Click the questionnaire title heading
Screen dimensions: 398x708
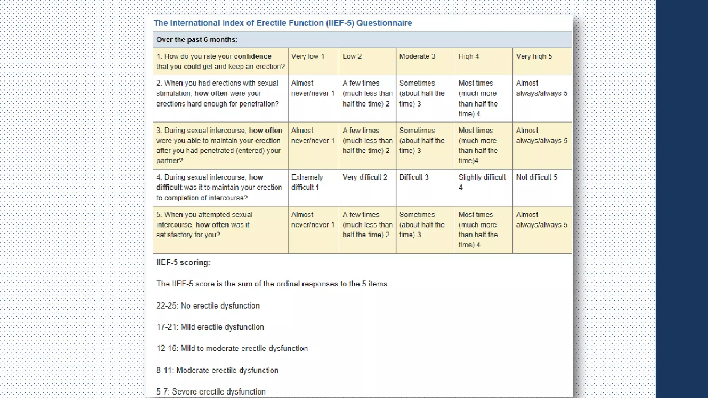pyautogui.click(x=283, y=23)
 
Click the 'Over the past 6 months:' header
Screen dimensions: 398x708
pyautogui.click(x=197, y=40)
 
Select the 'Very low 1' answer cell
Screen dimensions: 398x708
pyautogui.click(x=308, y=57)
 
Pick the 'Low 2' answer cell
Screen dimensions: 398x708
pyautogui.click(x=352, y=57)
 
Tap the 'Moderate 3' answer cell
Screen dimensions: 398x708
pyautogui.click(x=417, y=57)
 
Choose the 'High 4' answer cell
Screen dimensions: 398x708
pyautogui.click(x=469, y=57)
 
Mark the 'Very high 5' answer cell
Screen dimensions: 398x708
pyautogui.click(x=534, y=57)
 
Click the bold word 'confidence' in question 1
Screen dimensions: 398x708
pyautogui.click(x=253, y=57)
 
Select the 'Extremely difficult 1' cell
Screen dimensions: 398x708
pyautogui.click(x=307, y=182)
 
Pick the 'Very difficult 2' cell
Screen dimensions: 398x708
pyautogui.click(x=365, y=178)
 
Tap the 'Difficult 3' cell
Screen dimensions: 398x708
pyautogui.click(x=414, y=178)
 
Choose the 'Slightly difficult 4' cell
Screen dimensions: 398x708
pyautogui.click(x=482, y=182)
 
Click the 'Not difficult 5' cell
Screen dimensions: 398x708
pyautogui.click(x=537, y=178)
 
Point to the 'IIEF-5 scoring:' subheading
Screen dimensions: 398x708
pyautogui.click(x=183, y=263)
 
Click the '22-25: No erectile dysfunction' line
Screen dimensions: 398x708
pyautogui.click(x=208, y=306)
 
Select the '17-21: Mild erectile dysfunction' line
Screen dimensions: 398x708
pyautogui.click(x=210, y=327)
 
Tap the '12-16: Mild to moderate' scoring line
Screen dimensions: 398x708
pyautogui.click(x=232, y=348)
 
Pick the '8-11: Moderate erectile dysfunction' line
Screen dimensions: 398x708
pyautogui.click(x=217, y=370)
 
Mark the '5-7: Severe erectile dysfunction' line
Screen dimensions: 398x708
pyautogui.click(x=211, y=392)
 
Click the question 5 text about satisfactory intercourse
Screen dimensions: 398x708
pyautogui.click(x=204, y=225)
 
